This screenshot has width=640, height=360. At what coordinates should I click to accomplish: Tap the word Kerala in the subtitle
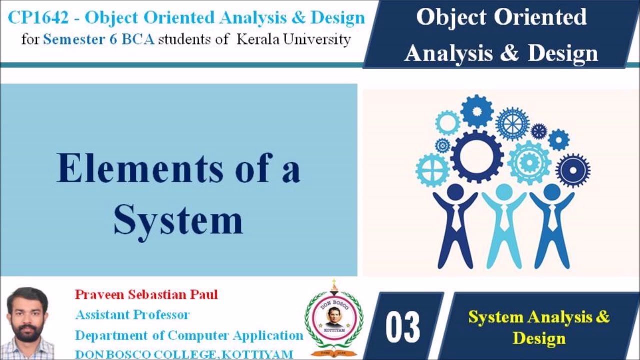coord(257,39)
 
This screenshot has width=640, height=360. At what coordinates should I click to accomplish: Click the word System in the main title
coord(178,220)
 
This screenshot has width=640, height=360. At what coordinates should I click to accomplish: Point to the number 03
coord(402,327)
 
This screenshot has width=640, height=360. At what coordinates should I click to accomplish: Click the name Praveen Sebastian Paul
coord(146,294)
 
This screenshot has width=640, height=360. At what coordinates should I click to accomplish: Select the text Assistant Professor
coord(132,315)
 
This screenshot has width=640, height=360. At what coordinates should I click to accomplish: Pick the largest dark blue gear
coord(477,156)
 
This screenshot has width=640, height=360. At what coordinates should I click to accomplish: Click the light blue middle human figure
coord(504,227)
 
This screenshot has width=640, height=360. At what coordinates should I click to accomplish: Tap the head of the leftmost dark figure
coord(455,191)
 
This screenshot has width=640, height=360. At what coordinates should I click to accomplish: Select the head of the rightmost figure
coord(552,191)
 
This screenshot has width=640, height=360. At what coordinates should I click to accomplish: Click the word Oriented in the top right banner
coord(544,17)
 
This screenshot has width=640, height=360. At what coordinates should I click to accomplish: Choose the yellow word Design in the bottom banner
coord(539,338)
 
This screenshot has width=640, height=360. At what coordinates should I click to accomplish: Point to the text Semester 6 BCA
coord(98,39)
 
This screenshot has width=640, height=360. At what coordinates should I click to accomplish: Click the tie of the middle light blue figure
coord(504,215)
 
